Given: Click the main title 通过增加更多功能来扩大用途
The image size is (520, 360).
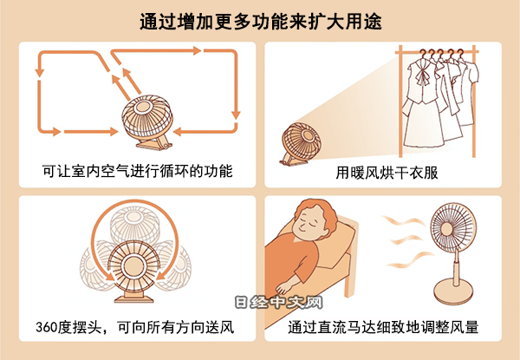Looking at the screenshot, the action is tap(261, 22).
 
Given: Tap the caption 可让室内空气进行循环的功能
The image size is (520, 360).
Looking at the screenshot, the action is tap(137, 171).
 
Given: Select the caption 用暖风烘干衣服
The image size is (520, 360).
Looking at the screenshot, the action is tap(387, 173).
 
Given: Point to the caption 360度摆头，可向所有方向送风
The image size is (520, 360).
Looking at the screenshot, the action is tap(135, 327).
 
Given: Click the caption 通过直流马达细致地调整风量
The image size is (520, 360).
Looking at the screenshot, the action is tap(383, 327).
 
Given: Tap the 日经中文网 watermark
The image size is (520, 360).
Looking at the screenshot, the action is tap(278, 302).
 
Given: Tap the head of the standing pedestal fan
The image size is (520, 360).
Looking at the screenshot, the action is tap(453, 226).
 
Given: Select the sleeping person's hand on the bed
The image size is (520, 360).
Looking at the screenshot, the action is tap(286, 285).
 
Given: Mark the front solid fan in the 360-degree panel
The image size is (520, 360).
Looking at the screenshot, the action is tap(133, 266).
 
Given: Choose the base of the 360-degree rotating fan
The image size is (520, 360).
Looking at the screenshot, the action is tap(134, 298).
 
